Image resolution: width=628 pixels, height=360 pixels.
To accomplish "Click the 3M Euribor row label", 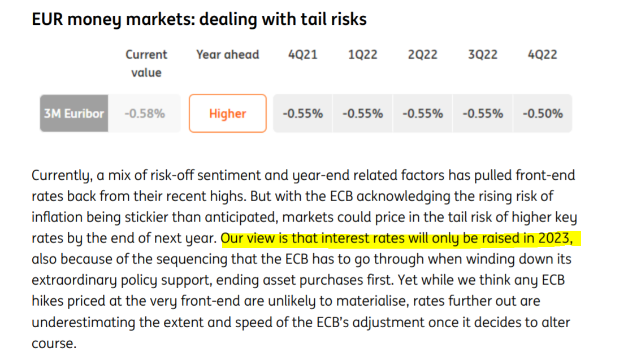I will (x=73, y=114).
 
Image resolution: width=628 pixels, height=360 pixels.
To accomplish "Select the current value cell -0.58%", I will (x=144, y=114).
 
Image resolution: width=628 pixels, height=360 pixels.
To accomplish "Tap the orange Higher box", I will (x=227, y=114).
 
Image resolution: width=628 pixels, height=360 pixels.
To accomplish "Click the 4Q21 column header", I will (x=302, y=55).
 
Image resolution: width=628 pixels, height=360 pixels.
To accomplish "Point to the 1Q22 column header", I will (x=362, y=55).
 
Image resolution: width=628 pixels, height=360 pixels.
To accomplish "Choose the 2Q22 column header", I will (x=422, y=55).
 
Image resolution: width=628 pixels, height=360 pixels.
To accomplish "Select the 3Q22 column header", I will (x=482, y=55).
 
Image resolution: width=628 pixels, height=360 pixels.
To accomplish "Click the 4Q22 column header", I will (x=542, y=55).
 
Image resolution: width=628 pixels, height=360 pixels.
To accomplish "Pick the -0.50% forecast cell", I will (x=542, y=114).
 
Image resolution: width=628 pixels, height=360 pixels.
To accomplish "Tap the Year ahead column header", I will (x=227, y=55).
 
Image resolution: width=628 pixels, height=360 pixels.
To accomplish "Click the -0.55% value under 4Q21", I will (x=302, y=114).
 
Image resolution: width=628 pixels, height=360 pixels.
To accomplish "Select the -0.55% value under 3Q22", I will (x=482, y=114).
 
